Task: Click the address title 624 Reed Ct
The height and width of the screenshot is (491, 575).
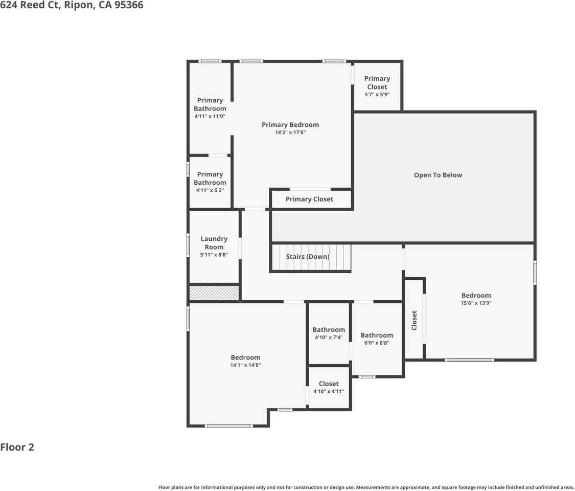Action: [x=72, y=6]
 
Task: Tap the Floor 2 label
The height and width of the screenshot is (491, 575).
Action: [x=17, y=447]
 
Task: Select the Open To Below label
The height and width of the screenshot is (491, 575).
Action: [x=438, y=175]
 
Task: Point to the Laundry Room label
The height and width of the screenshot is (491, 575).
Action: [x=214, y=242]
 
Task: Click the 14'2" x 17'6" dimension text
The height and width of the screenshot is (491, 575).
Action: [x=290, y=132]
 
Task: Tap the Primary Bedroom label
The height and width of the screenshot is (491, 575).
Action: [x=290, y=124]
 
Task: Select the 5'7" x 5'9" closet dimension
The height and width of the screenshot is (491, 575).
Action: [x=377, y=95]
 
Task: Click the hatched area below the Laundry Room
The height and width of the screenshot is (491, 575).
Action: [x=214, y=293]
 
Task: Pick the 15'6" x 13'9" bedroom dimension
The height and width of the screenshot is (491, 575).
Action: [x=476, y=303]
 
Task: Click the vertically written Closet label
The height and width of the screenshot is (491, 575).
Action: [x=415, y=320]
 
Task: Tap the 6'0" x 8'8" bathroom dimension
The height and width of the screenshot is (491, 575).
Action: [x=377, y=343]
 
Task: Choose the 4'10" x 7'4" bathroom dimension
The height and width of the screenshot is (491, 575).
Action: [x=329, y=338]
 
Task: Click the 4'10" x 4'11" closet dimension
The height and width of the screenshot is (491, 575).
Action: [x=329, y=391]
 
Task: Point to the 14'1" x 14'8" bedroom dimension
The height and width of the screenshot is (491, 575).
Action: [x=245, y=365]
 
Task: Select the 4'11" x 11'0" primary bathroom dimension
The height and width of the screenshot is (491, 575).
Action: [x=210, y=116]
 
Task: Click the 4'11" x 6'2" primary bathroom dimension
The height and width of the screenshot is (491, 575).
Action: [x=210, y=190]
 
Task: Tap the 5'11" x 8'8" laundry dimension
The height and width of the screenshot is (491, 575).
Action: [x=214, y=255]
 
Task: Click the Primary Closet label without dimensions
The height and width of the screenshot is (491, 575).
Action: [x=309, y=199]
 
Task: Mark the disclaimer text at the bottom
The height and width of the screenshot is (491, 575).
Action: [x=366, y=487]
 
